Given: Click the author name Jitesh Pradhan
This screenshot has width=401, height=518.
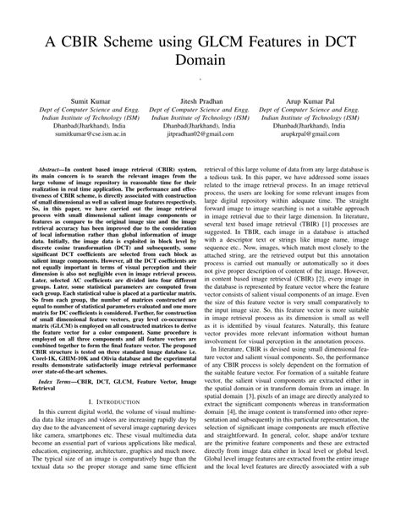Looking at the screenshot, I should (199, 99).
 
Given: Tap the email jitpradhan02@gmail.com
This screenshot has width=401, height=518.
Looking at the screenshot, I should (199, 134).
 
